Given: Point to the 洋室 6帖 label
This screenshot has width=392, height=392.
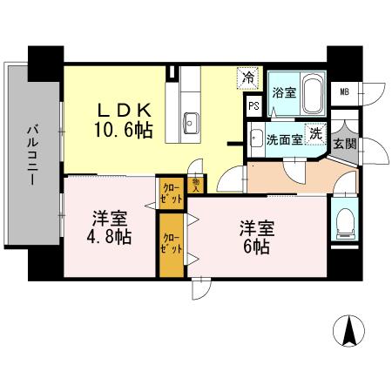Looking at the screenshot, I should (x=258, y=237).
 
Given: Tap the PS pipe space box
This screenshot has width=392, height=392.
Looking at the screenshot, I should (x=253, y=105).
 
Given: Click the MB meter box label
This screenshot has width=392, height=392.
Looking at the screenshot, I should (x=345, y=91).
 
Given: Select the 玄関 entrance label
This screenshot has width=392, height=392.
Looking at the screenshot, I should (x=343, y=144).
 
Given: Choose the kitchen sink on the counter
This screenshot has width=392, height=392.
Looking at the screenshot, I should (x=191, y=121).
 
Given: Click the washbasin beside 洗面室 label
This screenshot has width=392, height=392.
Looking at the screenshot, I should (x=255, y=137).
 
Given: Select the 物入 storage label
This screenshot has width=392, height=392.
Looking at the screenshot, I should (x=196, y=184).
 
